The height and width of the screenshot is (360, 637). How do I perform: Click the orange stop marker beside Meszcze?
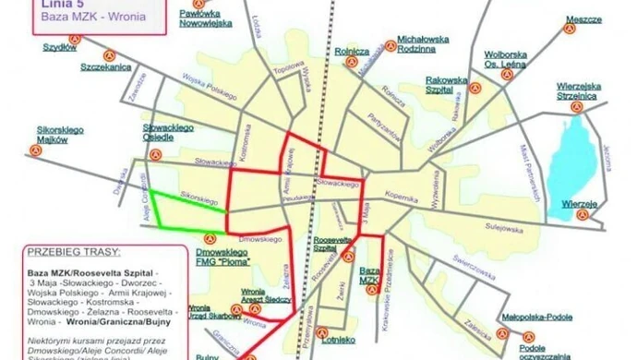pos(569,27)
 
